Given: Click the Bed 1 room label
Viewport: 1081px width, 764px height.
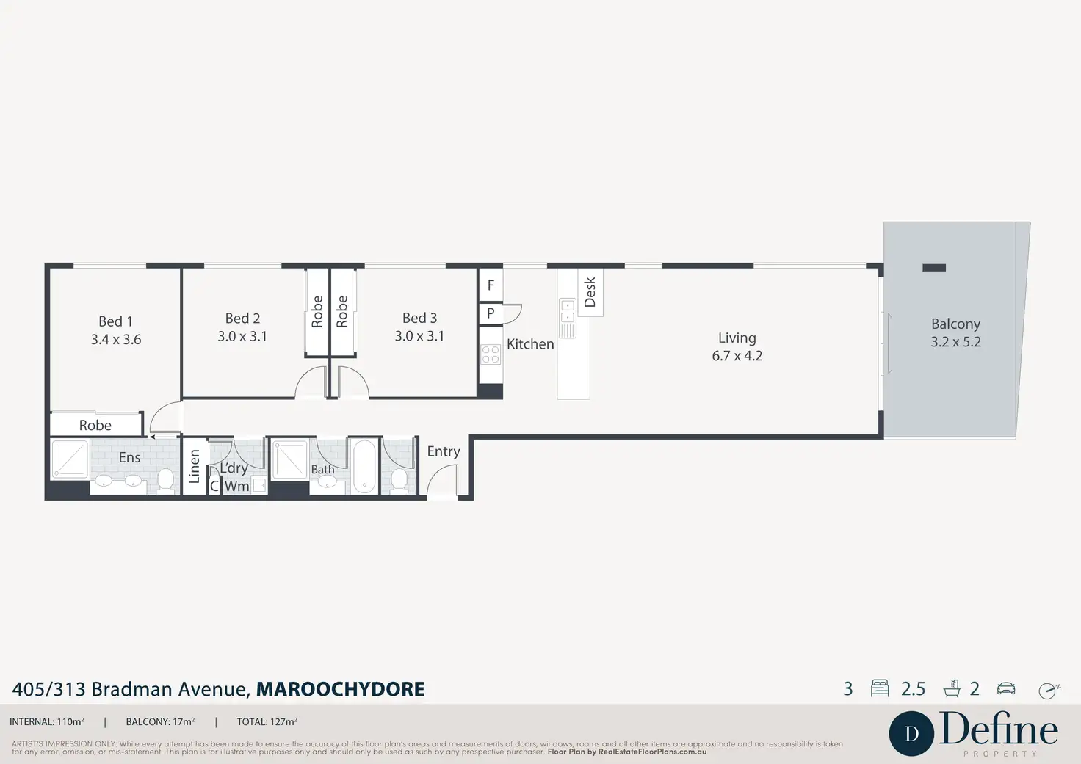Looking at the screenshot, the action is tap(116, 321).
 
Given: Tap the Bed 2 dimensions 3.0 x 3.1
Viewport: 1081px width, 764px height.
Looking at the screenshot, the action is tap(242, 337).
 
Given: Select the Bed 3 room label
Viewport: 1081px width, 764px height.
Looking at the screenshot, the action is tap(419, 318).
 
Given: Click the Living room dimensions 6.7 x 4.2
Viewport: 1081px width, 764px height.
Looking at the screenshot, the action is tap(737, 356).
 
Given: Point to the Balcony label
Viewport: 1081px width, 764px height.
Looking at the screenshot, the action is tap(955, 324).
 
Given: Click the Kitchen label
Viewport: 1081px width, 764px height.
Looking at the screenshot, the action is tap(530, 343).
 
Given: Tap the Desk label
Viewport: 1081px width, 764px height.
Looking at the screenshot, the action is tap(590, 292).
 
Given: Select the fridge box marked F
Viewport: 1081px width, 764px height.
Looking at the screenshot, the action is tap(491, 285).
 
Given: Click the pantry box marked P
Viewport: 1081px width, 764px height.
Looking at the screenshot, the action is tap(491, 313).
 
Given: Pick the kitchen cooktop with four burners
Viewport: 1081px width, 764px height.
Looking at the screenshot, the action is tap(491, 355).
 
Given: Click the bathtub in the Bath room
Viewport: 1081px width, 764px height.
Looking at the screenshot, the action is tap(364, 466).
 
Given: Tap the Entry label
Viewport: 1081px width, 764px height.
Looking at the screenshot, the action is tap(444, 451).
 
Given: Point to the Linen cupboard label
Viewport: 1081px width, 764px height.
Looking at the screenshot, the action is tap(194, 466).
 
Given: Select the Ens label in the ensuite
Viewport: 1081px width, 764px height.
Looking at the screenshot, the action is tap(129, 457).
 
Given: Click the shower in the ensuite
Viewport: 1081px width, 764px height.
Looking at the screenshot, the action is tap(70, 458).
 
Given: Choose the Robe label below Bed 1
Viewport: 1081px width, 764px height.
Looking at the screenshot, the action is tap(95, 425).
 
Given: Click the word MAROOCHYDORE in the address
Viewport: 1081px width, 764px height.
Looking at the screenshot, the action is tap(340, 689).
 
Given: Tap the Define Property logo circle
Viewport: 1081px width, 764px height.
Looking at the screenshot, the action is tap(911, 733).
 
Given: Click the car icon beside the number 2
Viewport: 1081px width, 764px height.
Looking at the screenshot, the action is tap(1006, 688).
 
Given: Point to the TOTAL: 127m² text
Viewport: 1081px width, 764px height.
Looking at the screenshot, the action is tap(267, 722).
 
